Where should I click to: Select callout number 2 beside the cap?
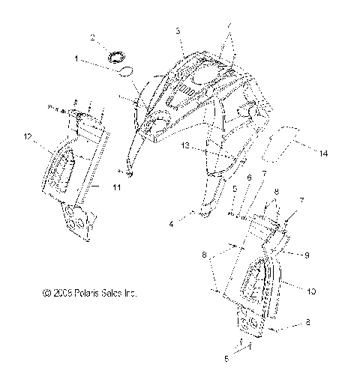point(92,37)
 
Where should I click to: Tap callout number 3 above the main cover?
point(178,31)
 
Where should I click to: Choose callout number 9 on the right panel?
point(307,255)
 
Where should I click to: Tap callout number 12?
point(28,136)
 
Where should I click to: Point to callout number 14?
point(324,154)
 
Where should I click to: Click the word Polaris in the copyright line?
point(81,294)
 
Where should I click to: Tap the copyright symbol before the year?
point(46,294)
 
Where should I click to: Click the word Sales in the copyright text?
point(109,294)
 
